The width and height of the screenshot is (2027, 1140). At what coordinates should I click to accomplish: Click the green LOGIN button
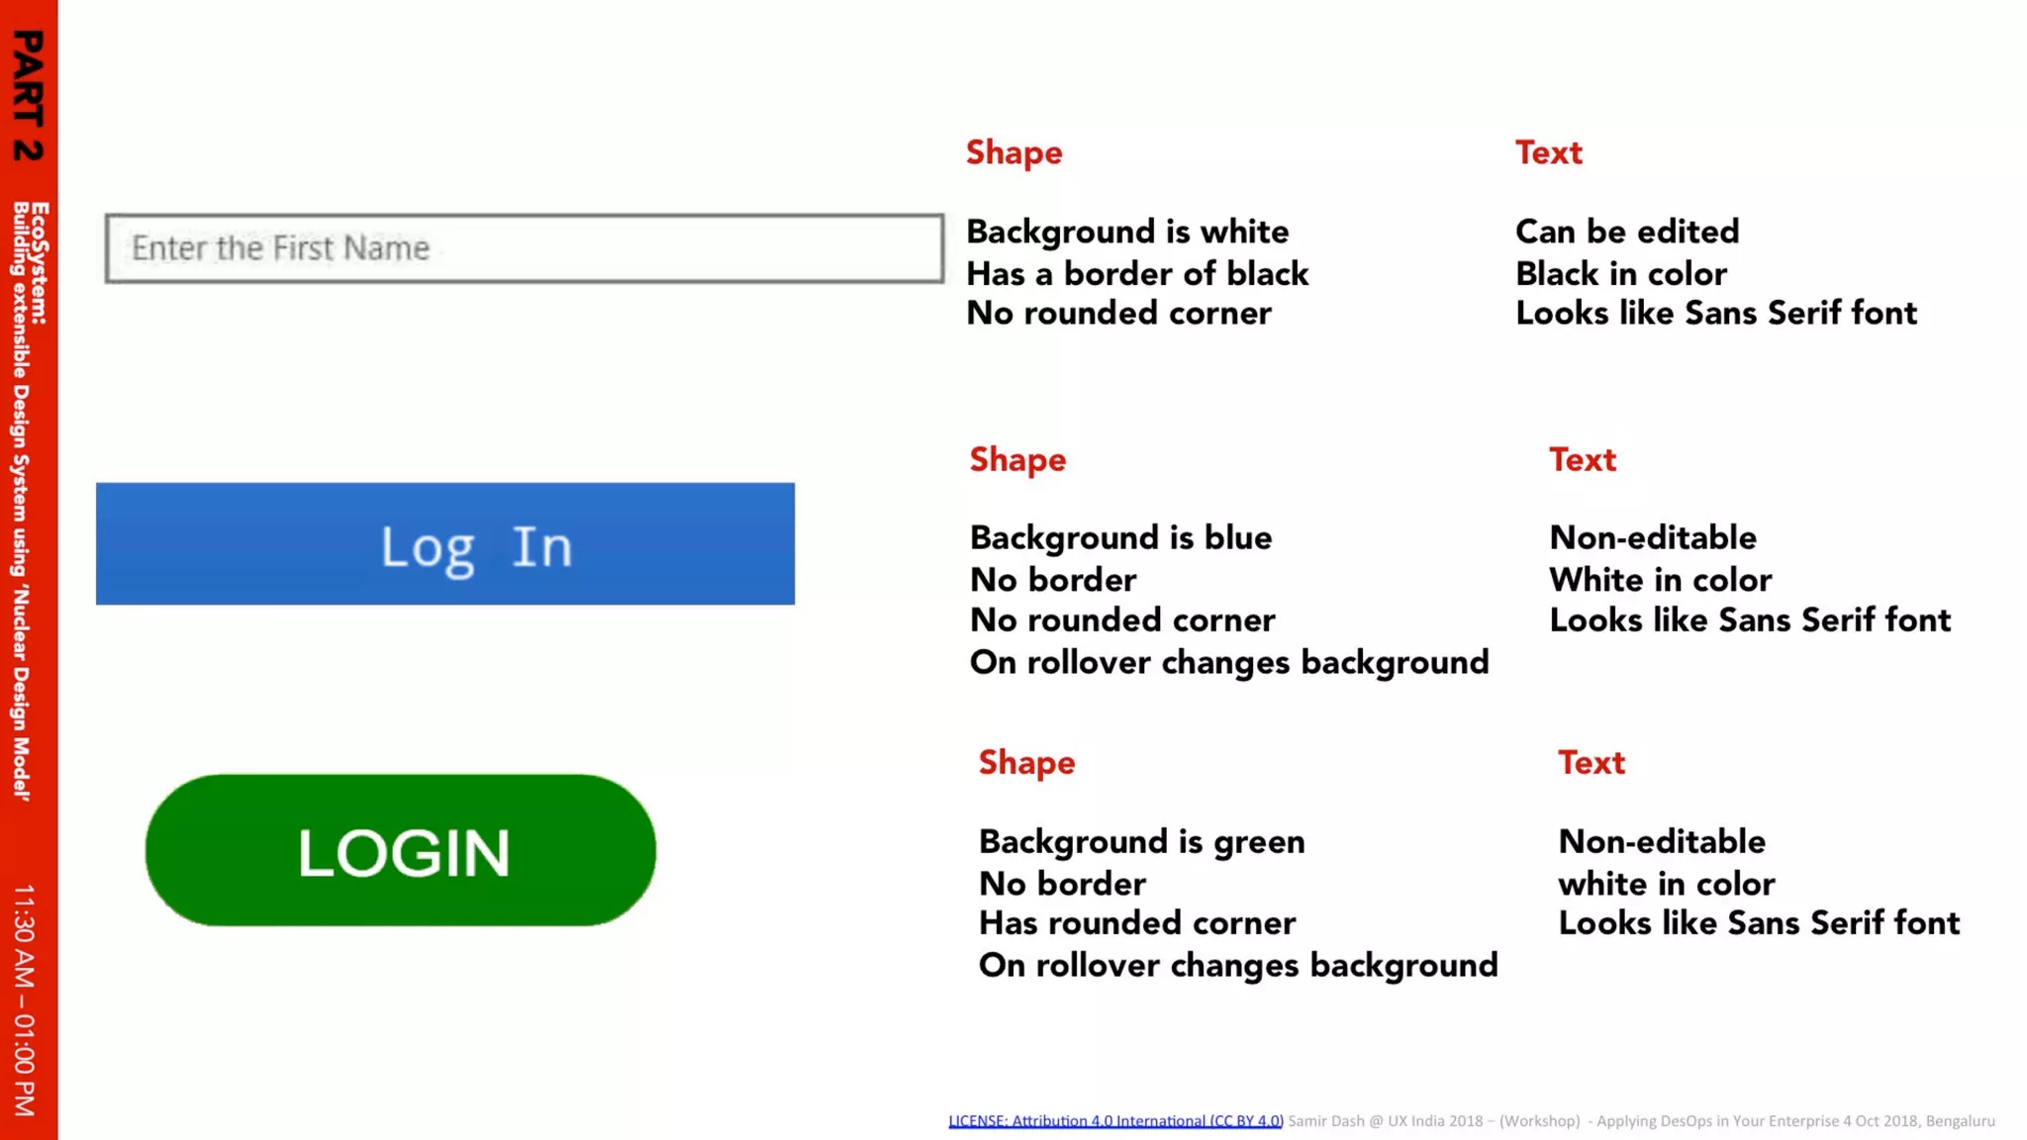[401, 851]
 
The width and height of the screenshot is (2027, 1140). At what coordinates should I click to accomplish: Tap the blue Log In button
[445, 544]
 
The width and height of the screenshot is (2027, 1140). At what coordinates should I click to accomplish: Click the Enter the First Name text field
[525, 248]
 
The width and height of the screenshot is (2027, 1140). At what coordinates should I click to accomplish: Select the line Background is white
[1127, 232]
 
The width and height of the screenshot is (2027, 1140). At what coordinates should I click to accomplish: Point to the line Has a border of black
[1137, 273]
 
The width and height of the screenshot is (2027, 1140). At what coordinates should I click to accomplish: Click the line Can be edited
[1627, 232]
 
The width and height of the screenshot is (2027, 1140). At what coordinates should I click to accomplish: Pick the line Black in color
[1621, 273]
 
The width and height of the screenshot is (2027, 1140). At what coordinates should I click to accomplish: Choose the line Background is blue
[1120, 537]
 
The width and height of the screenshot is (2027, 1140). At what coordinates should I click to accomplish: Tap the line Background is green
[1141, 841]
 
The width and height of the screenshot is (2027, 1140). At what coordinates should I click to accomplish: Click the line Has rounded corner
[1136, 923]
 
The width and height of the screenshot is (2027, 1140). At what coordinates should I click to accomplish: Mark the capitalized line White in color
[1660, 579]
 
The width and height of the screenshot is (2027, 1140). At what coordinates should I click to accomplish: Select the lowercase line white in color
[1666, 883]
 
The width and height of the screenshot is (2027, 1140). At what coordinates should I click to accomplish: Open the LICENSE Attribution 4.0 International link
[1115, 1121]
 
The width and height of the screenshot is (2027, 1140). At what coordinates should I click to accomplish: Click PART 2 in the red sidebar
[28, 95]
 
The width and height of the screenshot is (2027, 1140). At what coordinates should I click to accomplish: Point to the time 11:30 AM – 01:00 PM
[26, 999]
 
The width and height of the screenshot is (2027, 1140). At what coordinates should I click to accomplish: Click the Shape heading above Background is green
[1026, 763]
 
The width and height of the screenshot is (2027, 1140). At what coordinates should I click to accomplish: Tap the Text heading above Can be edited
[1549, 152]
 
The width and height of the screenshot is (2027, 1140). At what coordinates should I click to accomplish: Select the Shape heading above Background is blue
[1017, 460]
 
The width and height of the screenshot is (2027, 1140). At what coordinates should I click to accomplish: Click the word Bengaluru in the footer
[1960, 1121]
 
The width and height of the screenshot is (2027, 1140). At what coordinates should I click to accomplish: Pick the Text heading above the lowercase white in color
[1592, 763]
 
